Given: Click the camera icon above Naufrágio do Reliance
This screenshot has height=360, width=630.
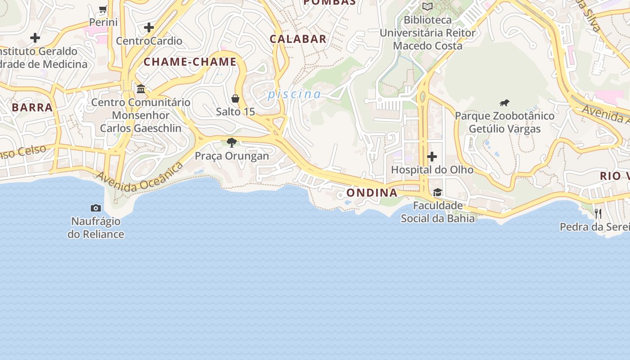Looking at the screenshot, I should (x=96, y=208).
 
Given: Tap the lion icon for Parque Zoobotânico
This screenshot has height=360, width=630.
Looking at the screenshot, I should (x=504, y=103).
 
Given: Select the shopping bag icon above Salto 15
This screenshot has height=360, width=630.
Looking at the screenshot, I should (x=235, y=99).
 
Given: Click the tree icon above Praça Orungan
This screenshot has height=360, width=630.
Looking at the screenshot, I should (x=232, y=143).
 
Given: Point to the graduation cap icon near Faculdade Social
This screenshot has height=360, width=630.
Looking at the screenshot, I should (x=437, y=193).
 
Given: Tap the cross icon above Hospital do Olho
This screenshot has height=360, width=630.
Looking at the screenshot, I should (x=432, y=157).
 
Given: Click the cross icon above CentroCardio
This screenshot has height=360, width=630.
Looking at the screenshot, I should (x=149, y=28).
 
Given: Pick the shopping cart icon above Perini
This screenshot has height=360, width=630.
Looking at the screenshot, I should (x=103, y=9).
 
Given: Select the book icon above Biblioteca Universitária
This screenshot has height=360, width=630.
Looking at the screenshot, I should (x=427, y=7).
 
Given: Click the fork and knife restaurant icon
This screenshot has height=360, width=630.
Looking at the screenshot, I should (x=598, y=213).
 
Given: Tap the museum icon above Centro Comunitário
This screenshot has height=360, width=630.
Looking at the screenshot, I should (x=141, y=89).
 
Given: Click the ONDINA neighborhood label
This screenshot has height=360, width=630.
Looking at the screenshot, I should (x=372, y=193).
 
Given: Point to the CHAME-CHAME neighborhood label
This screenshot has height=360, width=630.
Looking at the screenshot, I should (x=190, y=62).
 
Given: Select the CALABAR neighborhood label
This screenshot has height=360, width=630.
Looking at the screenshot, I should (x=298, y=39).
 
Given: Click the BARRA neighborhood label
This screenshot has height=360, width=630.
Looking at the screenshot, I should (x=32, y=108).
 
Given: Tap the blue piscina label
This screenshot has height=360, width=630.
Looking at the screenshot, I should (x=294, y=94).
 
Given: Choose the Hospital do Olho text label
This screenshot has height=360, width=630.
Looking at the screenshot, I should (x=432, y=170).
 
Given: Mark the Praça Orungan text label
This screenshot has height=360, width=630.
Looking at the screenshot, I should (x=232, y=156).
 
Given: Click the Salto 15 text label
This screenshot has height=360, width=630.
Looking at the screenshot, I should (x=235, y=112).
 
